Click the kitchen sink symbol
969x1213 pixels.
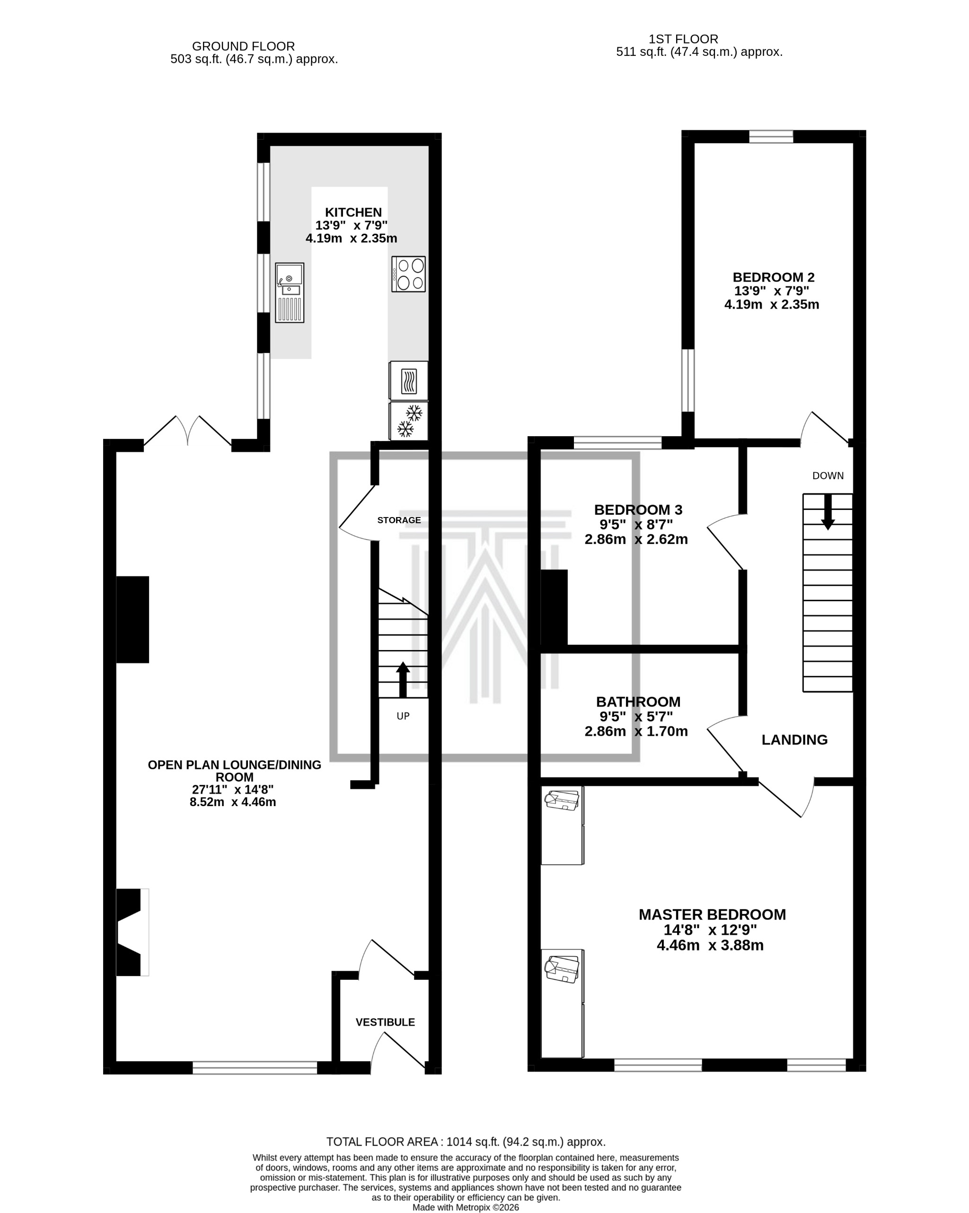(x=289, y=292)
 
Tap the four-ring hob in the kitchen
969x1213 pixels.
(x=408, y=274)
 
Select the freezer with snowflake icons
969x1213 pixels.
(x=408, y=421)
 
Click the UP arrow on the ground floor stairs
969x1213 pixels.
(x=403, y=680)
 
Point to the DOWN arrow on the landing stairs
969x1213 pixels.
(x=827, y=511)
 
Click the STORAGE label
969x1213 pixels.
(x=398, y=520)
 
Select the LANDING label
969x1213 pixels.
(x=794, y=740)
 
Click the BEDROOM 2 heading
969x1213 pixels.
(x=773, y=277)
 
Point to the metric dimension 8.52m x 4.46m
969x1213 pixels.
(x=232, y=802)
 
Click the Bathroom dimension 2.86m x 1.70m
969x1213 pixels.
(x=636, y=731)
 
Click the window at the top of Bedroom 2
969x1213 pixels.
(x=770, y=136)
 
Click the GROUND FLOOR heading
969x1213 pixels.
(x=243, y=46)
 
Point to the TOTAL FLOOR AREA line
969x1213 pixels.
(x=466, y=1142)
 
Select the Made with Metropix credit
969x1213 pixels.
(x=466, y=1207)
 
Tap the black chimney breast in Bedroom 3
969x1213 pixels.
(x=554, y=607)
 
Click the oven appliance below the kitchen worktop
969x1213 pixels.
(x=408, y=381)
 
